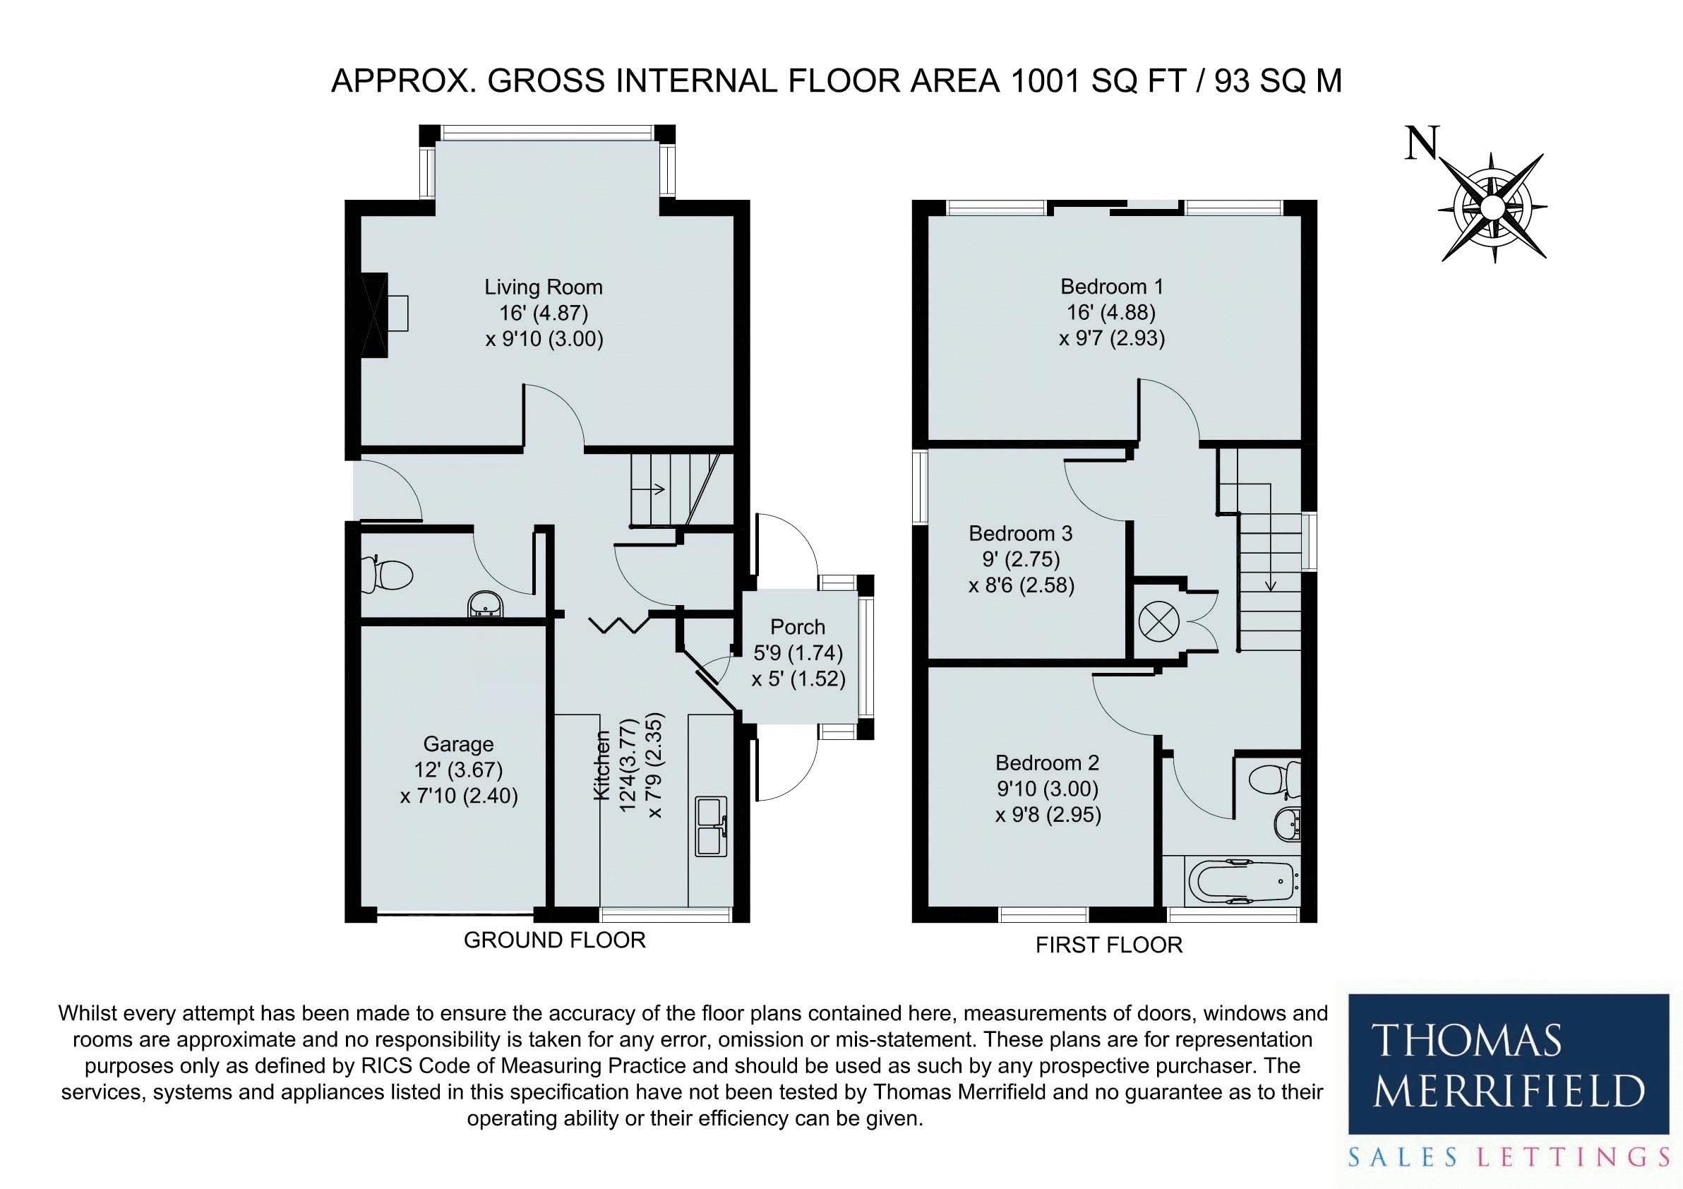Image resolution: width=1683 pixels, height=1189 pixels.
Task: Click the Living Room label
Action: click(x=544, y=287)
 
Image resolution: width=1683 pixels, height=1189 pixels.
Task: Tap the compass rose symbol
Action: click(x=1492, y=208)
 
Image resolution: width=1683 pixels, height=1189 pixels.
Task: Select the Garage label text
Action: click(x=459, y=744)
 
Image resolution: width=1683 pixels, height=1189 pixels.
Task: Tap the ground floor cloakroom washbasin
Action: click(x=485, y=605)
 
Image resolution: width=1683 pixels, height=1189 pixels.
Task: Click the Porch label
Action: click(x=798, y=627)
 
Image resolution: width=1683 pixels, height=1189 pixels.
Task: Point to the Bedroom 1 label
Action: click(x=1112, y=286)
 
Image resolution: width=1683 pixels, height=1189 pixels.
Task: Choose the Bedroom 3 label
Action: click(x=1021, y=533)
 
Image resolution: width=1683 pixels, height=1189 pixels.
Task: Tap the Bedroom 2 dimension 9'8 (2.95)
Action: click(x=1048, y=815)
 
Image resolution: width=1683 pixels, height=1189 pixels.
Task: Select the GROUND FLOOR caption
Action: click(x=555, y=940)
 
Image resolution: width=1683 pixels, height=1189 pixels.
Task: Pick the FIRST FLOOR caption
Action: click(x=1109, y=945)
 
